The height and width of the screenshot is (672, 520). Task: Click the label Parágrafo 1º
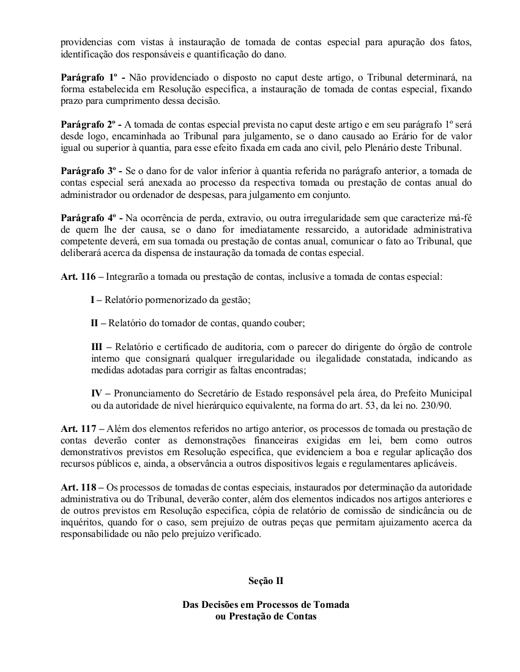(87, 78)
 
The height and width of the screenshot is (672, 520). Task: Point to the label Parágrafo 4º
(87, 218)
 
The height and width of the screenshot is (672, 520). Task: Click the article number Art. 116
(78, 277)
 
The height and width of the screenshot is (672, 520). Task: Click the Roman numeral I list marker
(93, 300)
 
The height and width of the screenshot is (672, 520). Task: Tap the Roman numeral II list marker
(95, 323)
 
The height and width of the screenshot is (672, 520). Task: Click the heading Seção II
(266, 581)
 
